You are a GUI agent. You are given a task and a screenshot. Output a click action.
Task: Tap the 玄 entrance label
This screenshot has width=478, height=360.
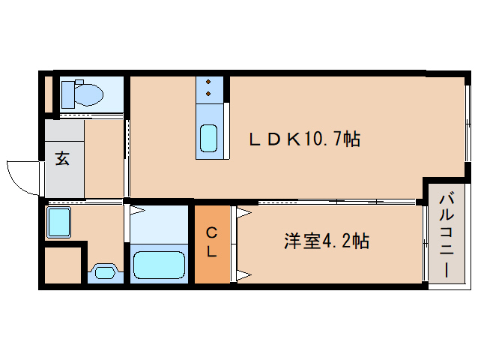pos(63,160)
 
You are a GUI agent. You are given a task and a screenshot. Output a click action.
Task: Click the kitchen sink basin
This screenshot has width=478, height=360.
pos(209,138)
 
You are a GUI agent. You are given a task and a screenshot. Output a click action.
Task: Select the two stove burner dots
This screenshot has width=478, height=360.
pos(209,87)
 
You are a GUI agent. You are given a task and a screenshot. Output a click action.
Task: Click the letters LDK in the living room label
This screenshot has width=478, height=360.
pos(275,139)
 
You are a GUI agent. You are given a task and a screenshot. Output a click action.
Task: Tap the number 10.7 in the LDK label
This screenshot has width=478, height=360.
pos(324,139)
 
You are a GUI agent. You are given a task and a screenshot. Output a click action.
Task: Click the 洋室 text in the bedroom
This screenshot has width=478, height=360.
pos(301,241)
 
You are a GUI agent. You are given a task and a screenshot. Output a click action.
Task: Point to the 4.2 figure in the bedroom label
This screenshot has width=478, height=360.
pos(338,241)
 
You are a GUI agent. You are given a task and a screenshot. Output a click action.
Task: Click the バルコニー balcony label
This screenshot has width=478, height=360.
pos(447,235)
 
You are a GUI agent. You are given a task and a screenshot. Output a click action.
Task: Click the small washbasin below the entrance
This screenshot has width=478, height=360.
pos(103,271)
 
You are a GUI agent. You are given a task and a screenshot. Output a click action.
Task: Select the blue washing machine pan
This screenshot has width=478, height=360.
pos(59,223)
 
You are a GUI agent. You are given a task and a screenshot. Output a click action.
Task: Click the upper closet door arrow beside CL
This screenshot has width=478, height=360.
pos(243,213)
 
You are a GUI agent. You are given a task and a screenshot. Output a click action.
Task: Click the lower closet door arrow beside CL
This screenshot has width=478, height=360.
pos(243,274)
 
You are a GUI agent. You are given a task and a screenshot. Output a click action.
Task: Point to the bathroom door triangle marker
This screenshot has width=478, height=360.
pos(127,211)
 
